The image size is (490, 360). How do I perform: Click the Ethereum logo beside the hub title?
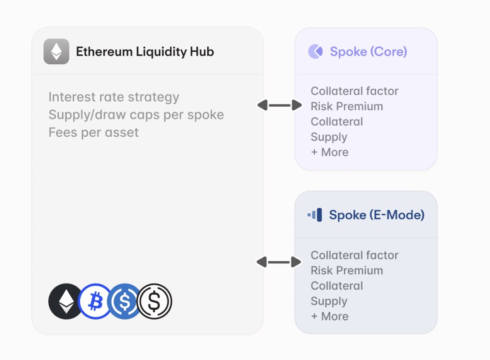click(x=56, y=51)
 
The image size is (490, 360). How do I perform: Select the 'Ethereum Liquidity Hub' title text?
click(x=145, y=51)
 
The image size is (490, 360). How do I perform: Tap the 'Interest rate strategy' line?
click(x=114, y=97)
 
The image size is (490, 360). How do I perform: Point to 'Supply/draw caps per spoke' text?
click(x=136, y=114)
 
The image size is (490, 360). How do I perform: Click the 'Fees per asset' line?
click(x=93, y=132)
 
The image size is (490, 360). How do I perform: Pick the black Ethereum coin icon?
click(x=66, y=301)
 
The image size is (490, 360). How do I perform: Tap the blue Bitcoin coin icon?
click(x=95, y=301)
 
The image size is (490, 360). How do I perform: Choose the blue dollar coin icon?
click(x=125, y=301)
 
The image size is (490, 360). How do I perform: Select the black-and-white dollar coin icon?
click(x=155, y=301)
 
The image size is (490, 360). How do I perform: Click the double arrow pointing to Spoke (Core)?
click(x=280, y=105)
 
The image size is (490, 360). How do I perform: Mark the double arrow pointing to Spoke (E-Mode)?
click(x=279, y=262)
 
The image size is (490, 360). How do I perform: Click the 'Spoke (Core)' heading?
click(x=368, y=51)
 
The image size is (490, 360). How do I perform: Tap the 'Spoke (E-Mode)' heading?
click(x=377, y=215)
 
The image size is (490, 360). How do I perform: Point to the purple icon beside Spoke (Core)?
click(x=316, y=51)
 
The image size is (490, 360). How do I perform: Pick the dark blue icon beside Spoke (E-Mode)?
click(x=315, y=215)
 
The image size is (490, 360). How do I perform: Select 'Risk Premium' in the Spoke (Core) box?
click(x=347, y=106)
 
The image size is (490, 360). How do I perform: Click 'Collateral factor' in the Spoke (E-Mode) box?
click(x=354, y=255)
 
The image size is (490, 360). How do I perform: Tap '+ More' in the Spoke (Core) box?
click(x=330, y=152)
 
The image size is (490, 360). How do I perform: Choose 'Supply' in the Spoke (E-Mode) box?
click(x=329, y=301)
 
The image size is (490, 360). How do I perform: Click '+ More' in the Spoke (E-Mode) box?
click(x=330, y=316)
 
